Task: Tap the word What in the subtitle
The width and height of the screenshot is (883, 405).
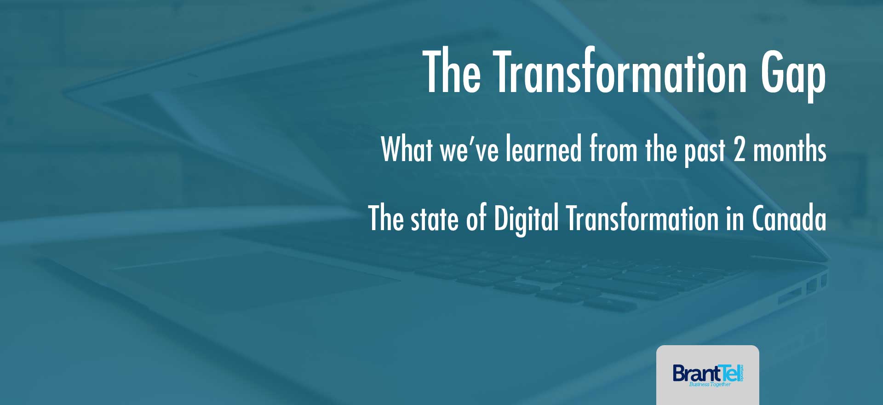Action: pos(407,148)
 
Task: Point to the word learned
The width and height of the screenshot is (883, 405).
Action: pos(544,148)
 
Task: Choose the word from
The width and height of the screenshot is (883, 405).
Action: pos(614,148)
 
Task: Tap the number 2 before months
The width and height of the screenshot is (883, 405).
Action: pos(739,149)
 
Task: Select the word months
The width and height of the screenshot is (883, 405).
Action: pos(790,148)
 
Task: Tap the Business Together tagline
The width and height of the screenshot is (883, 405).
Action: pos(710,384)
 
